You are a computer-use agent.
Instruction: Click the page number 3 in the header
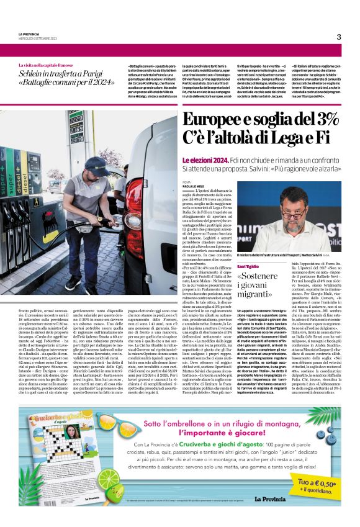click(339, 37)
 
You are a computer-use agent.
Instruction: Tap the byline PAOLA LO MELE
click(193, 188)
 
